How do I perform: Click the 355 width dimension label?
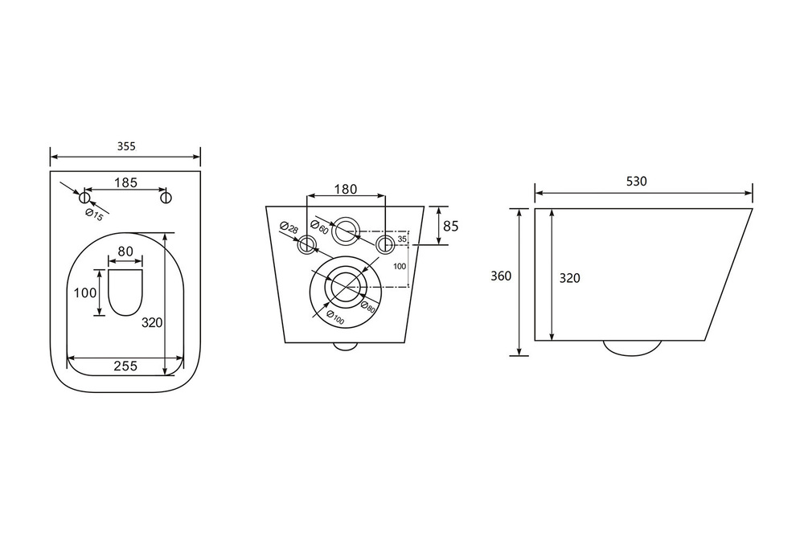126,146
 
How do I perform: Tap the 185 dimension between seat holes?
125,182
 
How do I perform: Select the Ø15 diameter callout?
95,215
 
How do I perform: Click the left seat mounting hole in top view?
84,198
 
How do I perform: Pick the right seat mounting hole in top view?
166,198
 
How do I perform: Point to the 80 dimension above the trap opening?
125,252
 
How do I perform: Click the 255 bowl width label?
125,366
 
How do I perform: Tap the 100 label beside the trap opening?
85,293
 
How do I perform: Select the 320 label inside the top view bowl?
152,323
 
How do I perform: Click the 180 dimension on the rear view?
346,189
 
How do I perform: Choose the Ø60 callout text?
319,227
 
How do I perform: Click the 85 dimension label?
450,226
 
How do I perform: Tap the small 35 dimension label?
402,239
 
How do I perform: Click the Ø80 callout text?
367,306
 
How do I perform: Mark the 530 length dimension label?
637,182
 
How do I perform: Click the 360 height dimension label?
501,276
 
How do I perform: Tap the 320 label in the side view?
570,278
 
